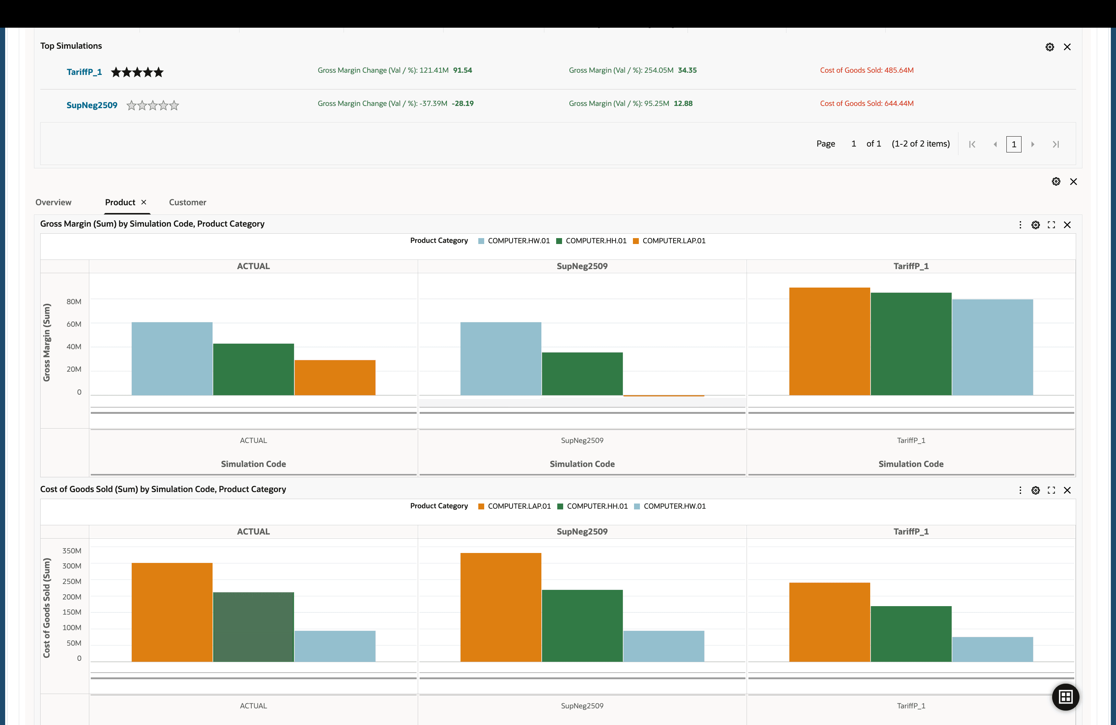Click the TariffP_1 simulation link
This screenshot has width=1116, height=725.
coord(84,72)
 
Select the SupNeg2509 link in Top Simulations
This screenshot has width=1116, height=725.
coord(92,105)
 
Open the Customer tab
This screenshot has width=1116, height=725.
coord(187,202)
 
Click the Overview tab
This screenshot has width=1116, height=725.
coord(54,202)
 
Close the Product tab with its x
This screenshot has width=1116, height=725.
coord(144,202)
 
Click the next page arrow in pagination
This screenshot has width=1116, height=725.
coord(1033,144)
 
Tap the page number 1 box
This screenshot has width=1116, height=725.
coord(1014,144)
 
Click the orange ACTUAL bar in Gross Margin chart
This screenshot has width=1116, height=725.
coord(335,378)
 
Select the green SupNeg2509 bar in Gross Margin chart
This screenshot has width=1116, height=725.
coord(582,374)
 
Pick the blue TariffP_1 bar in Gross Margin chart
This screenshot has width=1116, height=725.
coord(992,347)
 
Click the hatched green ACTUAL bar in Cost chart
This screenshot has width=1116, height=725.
coord(253,626)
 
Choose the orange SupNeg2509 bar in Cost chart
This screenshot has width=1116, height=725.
coord(500,607)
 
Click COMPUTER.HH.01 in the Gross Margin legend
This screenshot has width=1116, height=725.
coord(596,241)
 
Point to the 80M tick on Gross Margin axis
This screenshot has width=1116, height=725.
coord(73,302)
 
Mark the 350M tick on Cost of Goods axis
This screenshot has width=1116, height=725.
coord(72,550)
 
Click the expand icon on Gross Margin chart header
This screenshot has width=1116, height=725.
coord(1051,225)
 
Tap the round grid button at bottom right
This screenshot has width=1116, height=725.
coord(1065,697)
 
